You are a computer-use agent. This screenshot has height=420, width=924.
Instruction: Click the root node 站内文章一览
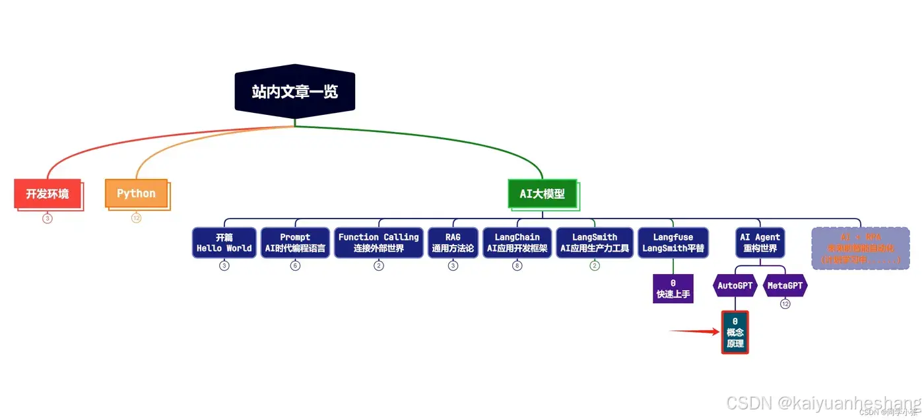[x=294, y=91]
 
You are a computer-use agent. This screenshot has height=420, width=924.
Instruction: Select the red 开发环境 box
[x=48, y=193]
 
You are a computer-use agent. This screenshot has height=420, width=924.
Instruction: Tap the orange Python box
[x=137, y=193]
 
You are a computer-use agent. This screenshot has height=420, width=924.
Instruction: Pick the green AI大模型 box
[x=543, y=193]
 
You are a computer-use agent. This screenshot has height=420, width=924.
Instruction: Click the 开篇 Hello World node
[x=224, y=242]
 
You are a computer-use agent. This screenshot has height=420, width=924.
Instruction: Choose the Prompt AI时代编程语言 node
[x=295, y=242]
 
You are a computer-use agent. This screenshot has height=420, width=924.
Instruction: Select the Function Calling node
[x=378, y=242]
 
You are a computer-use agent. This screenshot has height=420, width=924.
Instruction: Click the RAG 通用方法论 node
[x=453, y=242]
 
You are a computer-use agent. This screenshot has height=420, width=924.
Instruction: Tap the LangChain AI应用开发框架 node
[x=517, y=242]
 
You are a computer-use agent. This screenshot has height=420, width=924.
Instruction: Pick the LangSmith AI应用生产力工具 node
[x=595, y=242]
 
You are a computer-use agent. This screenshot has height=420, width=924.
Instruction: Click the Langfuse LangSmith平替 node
[x=673, y=242]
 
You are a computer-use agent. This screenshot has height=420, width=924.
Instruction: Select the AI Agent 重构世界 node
[x=760, y=242]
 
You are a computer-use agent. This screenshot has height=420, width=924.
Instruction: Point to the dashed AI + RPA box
[x=860, y=248]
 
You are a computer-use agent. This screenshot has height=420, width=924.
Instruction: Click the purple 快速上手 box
[x=673, y=289]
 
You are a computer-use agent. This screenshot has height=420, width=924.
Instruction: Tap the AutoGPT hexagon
[x=735, y=286]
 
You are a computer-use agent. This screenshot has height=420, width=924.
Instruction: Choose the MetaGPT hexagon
[x=785, y=286]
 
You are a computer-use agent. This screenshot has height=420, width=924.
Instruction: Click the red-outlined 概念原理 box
[x=735, y=332]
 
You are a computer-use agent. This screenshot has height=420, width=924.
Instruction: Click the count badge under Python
[x=136, y=218]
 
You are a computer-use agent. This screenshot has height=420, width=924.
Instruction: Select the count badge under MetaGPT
[x=785, y=304]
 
